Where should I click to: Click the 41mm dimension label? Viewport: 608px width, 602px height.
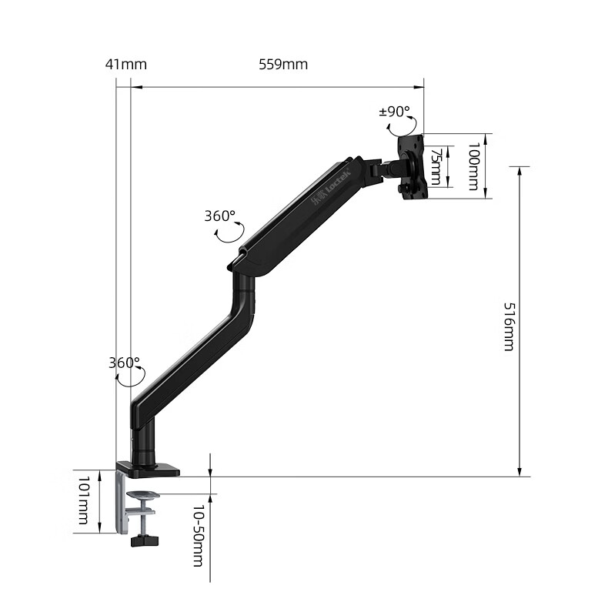[x=126, y=64]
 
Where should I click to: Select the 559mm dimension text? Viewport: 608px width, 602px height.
[x=283, y=64]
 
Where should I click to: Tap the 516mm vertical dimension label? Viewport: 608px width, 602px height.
[x=509, y=326]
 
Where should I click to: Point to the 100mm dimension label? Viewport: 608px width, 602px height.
[x=474, y=166]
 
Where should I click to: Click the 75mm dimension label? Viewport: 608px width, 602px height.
[x=436, y=166]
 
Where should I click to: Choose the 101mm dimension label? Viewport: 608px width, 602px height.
[x=83, y=500]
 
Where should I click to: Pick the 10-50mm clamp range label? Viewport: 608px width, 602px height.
[x=199, y=535]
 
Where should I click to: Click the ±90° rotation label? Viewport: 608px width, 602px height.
[x=394, y=112]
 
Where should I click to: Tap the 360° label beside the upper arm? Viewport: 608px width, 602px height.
[x=220, y=216]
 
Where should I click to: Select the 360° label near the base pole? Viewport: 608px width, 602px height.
[x=124, y=363]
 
